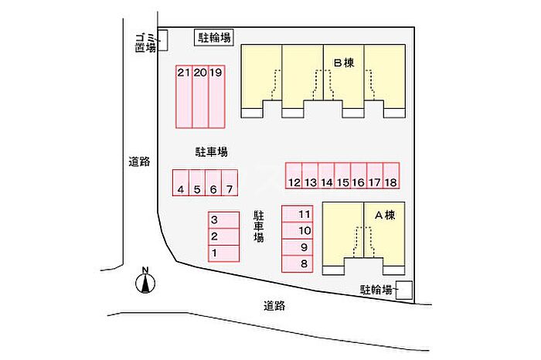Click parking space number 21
[184, 97]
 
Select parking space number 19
[216, 97]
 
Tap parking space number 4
[181, 183]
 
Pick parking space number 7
[230, 183]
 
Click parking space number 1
[223, 253]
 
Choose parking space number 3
[223, 220]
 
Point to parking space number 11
[298, 214]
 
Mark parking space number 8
[298, 264]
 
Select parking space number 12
[294, 176]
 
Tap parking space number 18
[391, 176]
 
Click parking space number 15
[342, 176]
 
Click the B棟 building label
[344, 63]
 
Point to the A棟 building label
[385, 216]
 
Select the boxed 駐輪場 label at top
[214, 38]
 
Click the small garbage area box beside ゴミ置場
[163, 40]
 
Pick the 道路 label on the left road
[139, 161]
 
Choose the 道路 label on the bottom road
[274, 305]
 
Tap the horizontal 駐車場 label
[212, 151]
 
